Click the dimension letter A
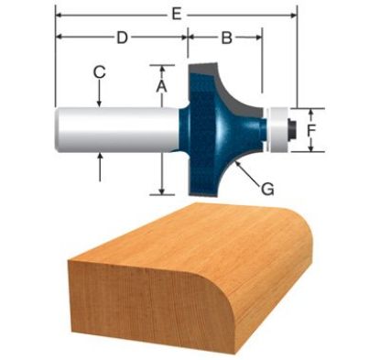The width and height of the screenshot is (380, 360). [x=160, y=84]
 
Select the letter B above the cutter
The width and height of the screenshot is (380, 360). [x=225, y=38]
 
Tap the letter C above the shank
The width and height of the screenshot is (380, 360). [x=99, y=71]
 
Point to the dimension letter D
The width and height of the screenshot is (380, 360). [x=121, y=38]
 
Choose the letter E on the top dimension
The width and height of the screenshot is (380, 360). [x=176, y=13]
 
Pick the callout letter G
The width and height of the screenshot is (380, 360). [x=267, y=189]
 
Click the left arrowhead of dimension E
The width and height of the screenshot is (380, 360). [x=60, y=14]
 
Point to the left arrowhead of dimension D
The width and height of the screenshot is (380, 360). [x=60, y=38]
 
